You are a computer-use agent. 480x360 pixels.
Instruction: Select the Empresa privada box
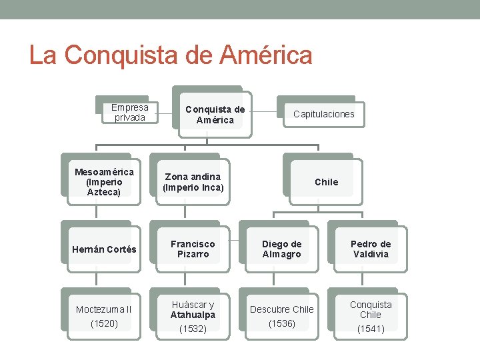(x=130, y=112)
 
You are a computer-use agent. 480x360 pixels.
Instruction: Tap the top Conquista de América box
(x=215, y=115)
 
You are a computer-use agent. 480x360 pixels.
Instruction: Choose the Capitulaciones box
(x=324, y=114)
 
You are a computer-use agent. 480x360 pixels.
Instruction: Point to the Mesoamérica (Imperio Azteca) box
(x=104, y=181)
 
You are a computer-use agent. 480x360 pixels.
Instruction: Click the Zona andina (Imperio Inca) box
(x=193, y=182)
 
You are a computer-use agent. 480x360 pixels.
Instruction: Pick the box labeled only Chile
(x=326, y=182)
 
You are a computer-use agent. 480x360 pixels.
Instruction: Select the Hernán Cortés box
(x=104, y=249)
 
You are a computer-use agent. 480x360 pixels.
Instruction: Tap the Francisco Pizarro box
(x=193, y=249)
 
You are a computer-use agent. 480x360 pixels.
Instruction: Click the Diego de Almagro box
(x=281, y=249)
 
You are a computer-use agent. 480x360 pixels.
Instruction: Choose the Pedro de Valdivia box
(x=370, y=249)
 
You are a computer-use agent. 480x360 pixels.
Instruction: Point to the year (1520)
(x=104, y=323)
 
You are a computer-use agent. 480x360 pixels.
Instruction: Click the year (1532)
(x=193, y=329)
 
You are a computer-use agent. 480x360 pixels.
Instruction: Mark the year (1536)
(x=281, y=323)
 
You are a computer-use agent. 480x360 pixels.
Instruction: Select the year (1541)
(x=370, y=329)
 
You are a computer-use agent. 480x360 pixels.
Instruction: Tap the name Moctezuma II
(x=104, y=309)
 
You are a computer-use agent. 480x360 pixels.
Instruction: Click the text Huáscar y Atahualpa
(x=193, y=310)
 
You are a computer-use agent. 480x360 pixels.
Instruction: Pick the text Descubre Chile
(x=281, y=309)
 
